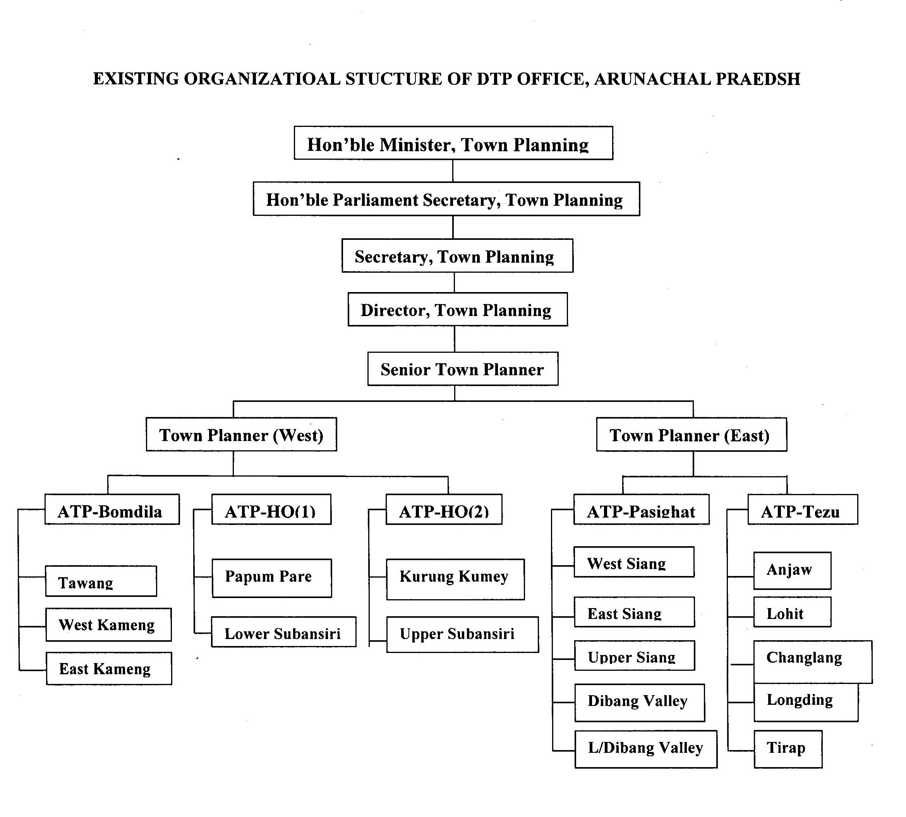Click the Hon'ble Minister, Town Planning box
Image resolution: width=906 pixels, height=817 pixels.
[453, 143]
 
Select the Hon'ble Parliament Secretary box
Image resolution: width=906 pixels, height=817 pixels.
[446, 199]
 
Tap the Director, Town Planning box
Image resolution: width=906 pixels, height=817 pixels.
[457, 309]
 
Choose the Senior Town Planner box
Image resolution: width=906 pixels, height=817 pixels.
[463, 369]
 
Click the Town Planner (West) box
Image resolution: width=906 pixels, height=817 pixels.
[241, 434]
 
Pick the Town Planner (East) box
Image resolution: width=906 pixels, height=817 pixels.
[691, 434]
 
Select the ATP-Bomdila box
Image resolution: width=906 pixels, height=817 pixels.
[112, 509]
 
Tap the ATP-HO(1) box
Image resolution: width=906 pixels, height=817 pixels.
[271, 509]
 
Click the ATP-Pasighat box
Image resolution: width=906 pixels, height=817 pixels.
[642, 509]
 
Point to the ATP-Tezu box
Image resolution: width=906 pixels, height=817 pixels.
[803, 509]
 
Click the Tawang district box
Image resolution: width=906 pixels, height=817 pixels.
[101, 581]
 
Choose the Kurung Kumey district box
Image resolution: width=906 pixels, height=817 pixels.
[455, 579]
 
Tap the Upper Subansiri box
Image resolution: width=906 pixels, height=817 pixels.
[463, 634]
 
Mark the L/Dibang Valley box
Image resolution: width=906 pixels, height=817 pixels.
[646, 749]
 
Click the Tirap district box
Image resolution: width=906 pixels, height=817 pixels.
[788, 749]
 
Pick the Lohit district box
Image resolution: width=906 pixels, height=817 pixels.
[792, 612]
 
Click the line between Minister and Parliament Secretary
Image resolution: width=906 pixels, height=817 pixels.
[453, 171]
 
